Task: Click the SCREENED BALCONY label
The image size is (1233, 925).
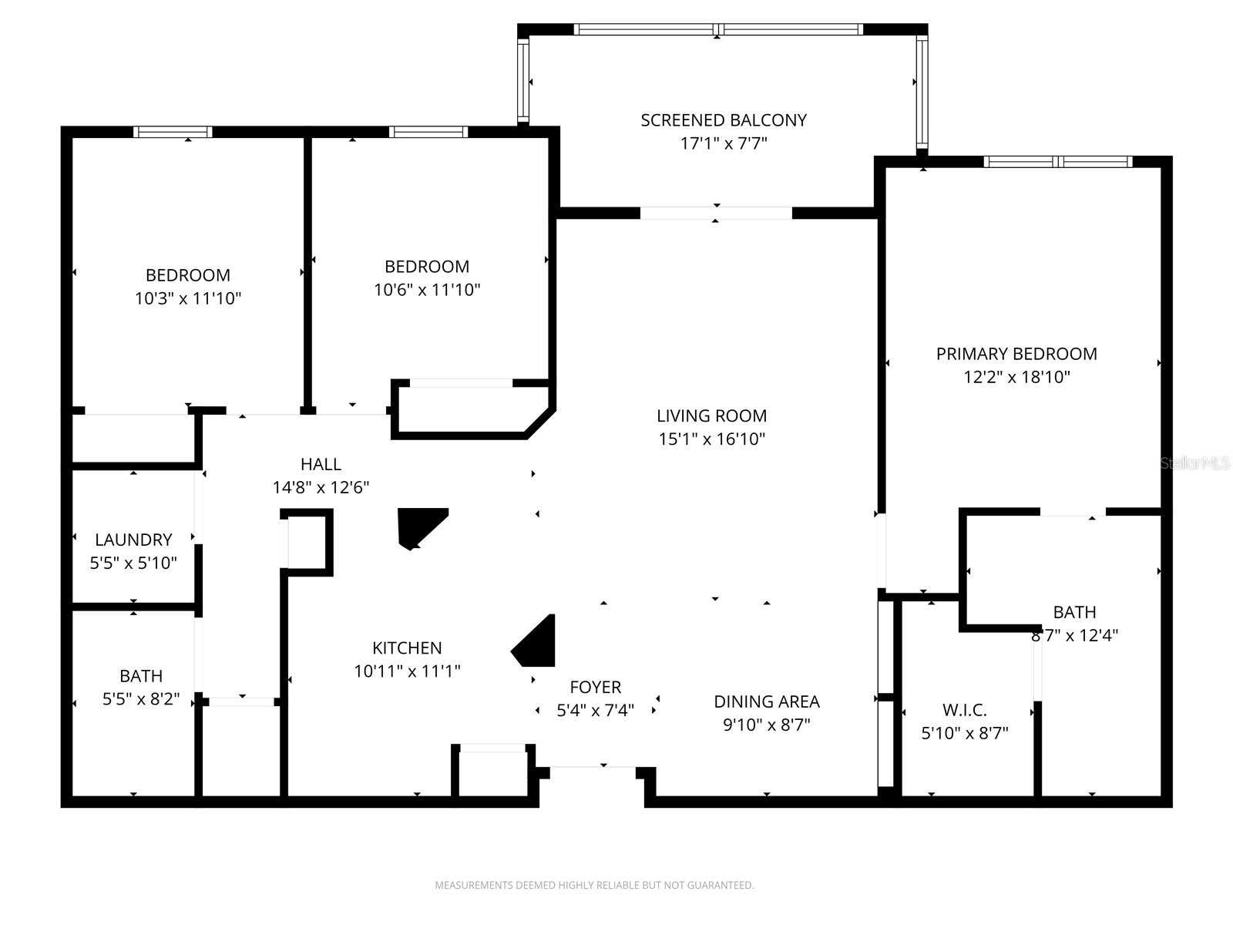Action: pos(724,120)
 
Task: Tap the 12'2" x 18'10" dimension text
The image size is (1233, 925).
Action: pos(1016,377)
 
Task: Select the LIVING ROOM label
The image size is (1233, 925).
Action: pos(711,416)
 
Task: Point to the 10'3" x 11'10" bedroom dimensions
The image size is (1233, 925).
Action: pos(188,298)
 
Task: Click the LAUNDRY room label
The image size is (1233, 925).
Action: pos(133,540)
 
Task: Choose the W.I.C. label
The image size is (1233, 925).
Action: pos(964,710)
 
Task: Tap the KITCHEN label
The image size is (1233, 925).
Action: pos(407,648)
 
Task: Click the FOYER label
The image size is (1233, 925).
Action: pos(595,687)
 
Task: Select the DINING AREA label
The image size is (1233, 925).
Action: pos(766,701)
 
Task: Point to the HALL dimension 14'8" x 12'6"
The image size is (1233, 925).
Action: pos(321,487)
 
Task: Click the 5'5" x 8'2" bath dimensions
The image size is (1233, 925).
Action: pos(141,699)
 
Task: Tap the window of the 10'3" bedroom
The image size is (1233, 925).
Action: pos(173,132)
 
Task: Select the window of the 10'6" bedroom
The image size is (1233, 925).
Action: pos(428,132)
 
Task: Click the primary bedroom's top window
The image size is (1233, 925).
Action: pos(1057,162)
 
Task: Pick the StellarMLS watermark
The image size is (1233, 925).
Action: pos(1194,463)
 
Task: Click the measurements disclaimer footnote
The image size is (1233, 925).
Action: pos(594,885)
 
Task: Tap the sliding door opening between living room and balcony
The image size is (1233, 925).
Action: pos(716,214)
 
